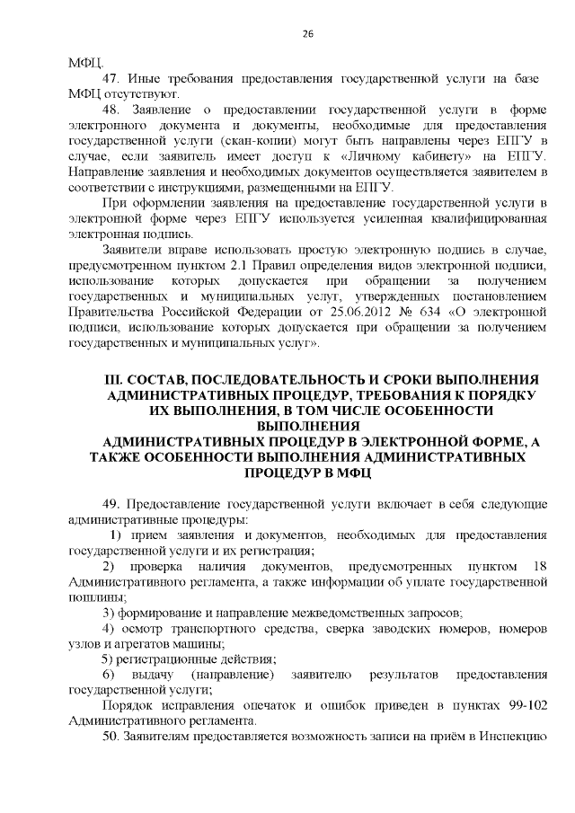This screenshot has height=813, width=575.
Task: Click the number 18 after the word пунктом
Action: click(x=539, y=565)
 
